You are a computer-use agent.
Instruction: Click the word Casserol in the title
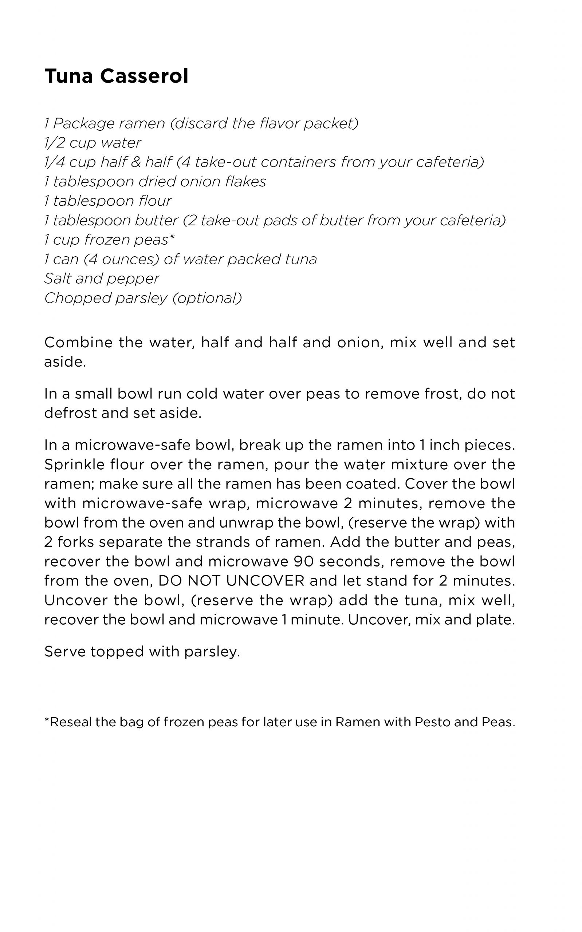coord(144,76)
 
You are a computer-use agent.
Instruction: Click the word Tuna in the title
coord(69,76)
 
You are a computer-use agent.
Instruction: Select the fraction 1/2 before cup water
coord(54,143)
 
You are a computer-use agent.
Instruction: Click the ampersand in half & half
coord(135,162)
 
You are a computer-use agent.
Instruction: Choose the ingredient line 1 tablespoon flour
coord(108,201)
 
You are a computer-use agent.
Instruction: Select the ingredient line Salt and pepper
coord(102,279)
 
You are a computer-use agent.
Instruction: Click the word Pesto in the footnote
coord(432,722)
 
